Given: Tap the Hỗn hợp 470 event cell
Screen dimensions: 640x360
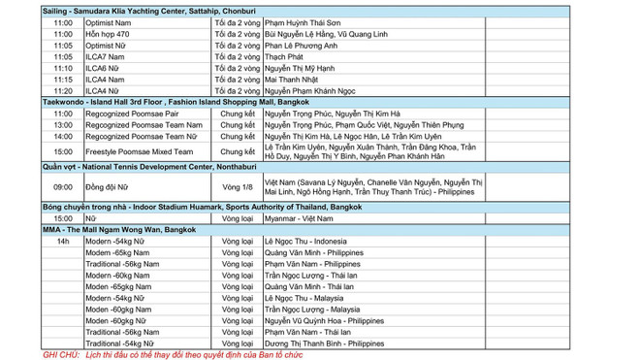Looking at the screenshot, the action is [108, 33].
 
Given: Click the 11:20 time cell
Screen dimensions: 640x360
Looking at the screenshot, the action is [63, 90].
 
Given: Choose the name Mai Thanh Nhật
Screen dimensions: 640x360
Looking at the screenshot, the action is [295, 79].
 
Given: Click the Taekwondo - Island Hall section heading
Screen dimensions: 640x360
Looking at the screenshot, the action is [161, 101].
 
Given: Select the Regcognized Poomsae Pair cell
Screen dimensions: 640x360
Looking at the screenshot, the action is [131, 114].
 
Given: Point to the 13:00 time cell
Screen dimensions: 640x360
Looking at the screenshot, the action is [63, 125].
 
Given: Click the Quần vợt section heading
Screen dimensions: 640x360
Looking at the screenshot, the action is [142, 168].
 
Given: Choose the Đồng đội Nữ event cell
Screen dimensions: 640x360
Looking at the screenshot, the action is [107, 186].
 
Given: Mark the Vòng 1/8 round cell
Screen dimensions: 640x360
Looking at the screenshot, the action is [237, 186].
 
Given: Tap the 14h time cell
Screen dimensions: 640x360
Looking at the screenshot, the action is [63, 242].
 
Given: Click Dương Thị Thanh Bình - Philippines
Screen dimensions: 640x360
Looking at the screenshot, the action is [324, 344].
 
